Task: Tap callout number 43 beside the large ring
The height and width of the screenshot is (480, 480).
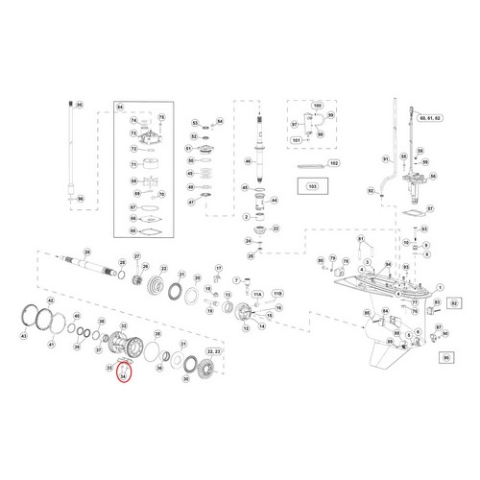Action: [x=24, y=337]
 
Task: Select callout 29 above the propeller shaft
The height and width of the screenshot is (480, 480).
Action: [x=86, y=252]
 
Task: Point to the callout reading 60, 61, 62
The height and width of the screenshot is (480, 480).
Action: [x=433, y=116]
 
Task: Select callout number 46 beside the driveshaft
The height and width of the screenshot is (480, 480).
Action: [x=248, y=161]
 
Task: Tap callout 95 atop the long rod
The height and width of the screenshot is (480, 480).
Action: [x=80, y=104]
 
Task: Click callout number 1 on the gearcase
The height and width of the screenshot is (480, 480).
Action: [x=439, y=285]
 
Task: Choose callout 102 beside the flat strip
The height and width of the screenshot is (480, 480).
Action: [x=334, y=164]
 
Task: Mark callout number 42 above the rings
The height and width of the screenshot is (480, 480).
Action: [x=51, y=301]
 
